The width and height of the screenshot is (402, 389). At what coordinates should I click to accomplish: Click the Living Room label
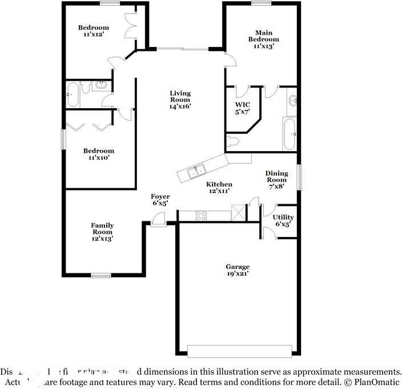(180, 100)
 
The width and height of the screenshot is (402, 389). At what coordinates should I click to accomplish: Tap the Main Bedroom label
(263, 39)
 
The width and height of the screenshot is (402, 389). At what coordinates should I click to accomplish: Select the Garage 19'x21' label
(237, 270)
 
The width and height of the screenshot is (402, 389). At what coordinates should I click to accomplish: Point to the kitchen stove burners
(201, 216)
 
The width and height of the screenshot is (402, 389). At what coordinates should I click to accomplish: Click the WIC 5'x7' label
(243, 108)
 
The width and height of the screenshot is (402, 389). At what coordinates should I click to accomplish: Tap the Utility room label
(283, 220)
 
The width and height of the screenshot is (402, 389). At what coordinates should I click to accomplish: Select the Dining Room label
(276, 179)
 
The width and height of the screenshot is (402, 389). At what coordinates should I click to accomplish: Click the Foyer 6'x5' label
(160, 200)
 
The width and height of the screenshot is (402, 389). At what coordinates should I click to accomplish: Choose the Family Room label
(102, 232)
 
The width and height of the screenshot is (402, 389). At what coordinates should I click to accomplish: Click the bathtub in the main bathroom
(290, 134)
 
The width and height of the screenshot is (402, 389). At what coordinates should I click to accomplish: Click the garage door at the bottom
(242, 351)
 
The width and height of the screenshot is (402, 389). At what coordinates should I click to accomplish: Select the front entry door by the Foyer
(158, 220)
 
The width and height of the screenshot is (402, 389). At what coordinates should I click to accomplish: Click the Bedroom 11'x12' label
(94, 31)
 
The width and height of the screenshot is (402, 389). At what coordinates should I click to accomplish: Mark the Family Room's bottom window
(101, 276)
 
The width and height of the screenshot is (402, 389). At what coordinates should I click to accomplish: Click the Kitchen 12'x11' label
(219, 187)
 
